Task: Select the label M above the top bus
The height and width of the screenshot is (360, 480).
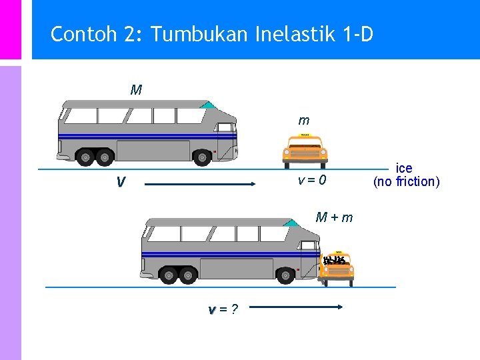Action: pos(136,90)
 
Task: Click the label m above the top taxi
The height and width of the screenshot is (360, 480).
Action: pos(304,121)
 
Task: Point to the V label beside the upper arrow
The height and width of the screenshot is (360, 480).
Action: pos(120,182)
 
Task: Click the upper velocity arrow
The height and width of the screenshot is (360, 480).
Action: pos(200,183)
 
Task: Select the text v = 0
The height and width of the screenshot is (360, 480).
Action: pos(311,180)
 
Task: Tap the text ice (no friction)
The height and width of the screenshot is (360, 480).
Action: pos(406,175)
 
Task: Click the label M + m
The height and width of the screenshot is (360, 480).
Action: pos(334,217)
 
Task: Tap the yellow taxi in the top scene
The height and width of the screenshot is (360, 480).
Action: pos(305,151)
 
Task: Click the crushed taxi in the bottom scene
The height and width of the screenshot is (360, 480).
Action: pos(337,269)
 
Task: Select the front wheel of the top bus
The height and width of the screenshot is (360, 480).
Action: pos(203,157)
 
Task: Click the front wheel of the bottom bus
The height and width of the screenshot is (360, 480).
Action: pos(286,275)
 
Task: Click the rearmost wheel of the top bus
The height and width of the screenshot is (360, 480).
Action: pos(85,157)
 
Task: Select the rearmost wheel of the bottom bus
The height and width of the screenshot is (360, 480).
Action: pos(168,275)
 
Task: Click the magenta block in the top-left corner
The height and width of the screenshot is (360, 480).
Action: pos(10,29)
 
